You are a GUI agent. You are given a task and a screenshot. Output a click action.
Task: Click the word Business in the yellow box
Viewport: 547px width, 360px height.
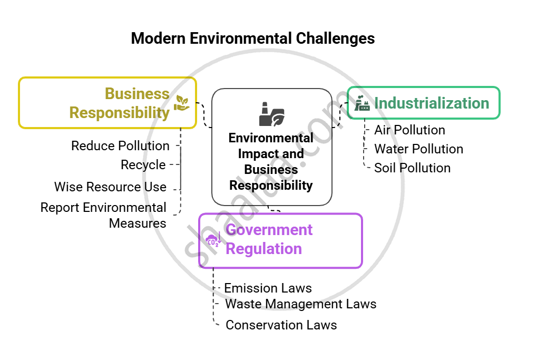(137, 94)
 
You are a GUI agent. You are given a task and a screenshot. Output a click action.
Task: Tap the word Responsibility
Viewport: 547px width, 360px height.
(120, 113)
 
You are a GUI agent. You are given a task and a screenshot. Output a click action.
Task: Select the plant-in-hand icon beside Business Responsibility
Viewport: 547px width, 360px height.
(182, 103)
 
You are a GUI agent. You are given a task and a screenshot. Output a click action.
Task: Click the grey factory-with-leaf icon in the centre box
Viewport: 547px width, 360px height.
(272, 114)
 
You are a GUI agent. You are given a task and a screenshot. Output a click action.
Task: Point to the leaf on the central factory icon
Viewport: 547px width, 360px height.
(278, 119)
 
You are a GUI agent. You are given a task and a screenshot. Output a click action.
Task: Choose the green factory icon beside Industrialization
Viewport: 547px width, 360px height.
(363, 103)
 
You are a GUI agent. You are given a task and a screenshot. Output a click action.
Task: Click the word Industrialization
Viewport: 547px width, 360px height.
(432, 103)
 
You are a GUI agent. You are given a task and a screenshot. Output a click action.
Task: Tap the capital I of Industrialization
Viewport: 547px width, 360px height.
(376, 103)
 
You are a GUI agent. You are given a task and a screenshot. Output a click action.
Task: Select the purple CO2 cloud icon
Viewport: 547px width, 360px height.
(212, 240)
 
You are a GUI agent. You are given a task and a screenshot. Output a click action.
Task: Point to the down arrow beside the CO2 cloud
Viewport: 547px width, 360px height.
(219, 237)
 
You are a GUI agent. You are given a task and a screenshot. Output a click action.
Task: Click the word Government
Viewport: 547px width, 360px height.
(269, 230)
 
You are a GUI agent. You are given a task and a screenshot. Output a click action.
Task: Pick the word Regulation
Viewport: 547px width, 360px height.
(263, 248)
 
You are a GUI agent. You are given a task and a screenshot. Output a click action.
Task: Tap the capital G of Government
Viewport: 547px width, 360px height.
(231, 230)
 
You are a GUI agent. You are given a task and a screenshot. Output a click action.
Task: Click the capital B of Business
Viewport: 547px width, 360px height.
(110, 94)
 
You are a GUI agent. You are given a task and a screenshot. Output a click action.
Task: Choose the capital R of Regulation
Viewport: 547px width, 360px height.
(231, 248)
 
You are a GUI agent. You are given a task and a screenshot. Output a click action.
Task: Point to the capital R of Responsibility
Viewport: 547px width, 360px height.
(74, 113)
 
